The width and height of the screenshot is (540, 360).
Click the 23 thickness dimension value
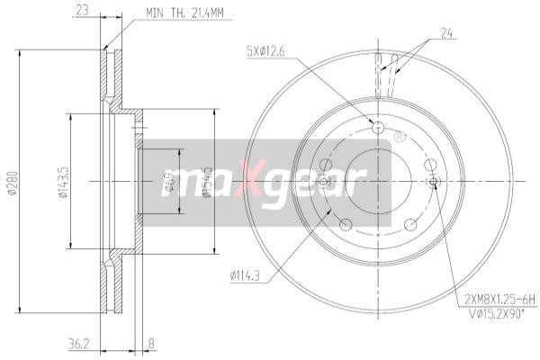pyautogui.click(x=83, y=12)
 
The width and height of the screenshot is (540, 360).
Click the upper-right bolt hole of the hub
pyautogui.click(x=431, y=163)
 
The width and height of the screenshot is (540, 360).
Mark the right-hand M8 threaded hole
pyautogui.click(x=435, y=183)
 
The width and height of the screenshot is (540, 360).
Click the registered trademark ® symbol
pyautogui.click(x=399, y=137)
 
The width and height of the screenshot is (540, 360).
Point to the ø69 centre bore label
pyautogui.click(x=168, y=183)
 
